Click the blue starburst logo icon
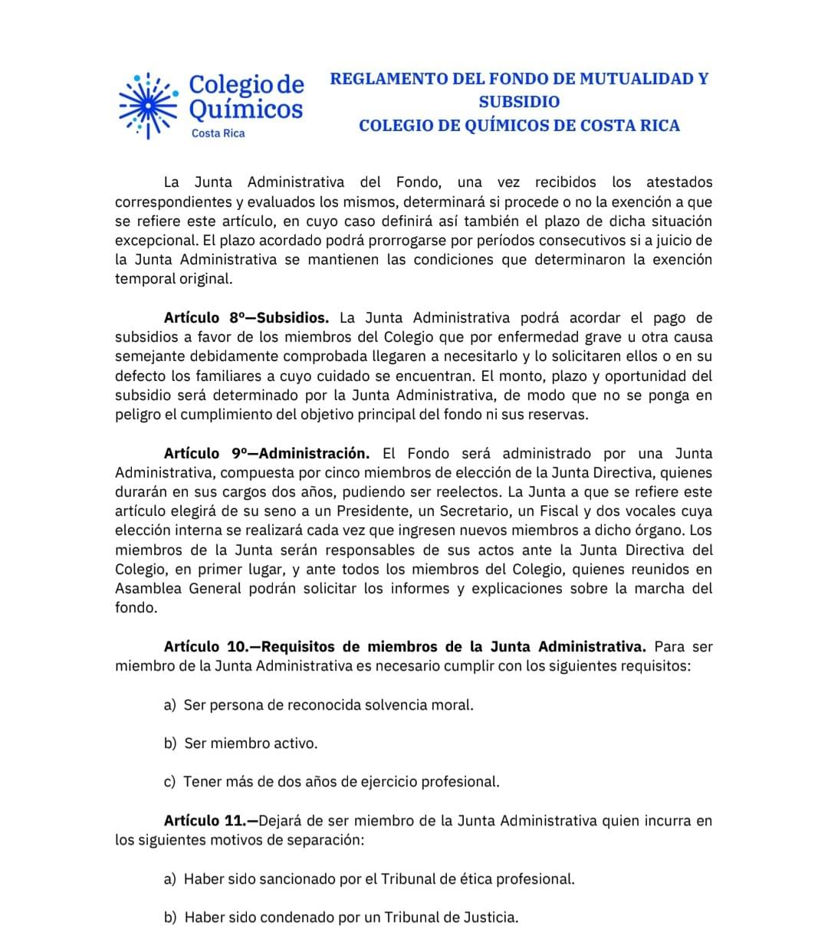pos(148,105)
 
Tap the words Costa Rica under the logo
pos(218,133)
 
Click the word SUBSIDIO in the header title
pos(519,101)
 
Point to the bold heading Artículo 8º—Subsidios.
pos(246,317)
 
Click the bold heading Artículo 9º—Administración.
pos(266,453)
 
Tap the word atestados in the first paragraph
pos(679,182)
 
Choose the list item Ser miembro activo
pos(251,743)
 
